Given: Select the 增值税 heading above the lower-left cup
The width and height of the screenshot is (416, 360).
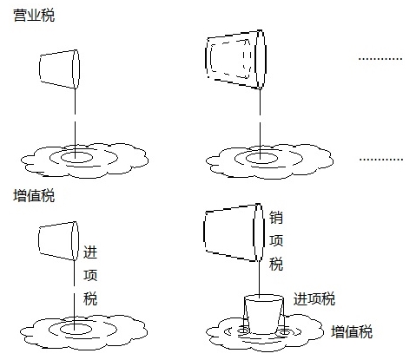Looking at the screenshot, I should [34, 196].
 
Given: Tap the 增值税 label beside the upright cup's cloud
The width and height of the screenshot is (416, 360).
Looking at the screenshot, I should [353, 331].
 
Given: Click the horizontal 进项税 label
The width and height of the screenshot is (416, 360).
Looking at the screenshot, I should [314, 299].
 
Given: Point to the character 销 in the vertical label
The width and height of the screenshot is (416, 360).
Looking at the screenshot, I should [276, 219].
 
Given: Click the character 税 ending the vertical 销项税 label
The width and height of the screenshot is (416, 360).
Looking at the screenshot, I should [276, 265].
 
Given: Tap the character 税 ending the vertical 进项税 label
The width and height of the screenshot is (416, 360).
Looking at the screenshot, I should [89, 299].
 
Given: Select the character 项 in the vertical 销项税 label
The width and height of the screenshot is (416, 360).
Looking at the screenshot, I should [276, 242].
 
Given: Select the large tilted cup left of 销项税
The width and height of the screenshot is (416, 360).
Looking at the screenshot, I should [230, 232].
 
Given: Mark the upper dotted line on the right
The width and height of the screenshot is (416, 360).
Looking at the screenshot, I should [380, 59].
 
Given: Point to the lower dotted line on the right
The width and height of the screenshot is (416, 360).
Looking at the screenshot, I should [380, 160].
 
